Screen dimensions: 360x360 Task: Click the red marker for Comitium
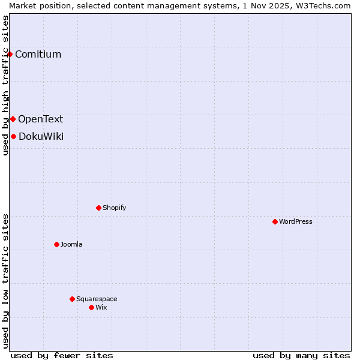10,55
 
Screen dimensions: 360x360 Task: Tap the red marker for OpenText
13,119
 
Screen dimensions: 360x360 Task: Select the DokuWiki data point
13,136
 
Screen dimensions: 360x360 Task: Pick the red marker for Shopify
98,208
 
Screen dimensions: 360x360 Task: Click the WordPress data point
275,221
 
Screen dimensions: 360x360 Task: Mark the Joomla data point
56,244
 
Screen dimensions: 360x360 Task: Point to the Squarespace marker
72,299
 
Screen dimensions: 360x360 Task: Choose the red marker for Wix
91,307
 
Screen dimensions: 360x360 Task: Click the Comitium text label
38,55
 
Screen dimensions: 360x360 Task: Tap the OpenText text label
40,119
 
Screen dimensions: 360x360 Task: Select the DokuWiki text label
41,136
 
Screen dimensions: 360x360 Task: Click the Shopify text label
114,208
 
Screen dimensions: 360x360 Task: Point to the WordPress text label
295,221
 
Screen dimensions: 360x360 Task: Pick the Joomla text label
71,244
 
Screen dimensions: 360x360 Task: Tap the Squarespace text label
97,299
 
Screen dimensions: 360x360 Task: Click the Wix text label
101,307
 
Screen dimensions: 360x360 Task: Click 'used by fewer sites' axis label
62,355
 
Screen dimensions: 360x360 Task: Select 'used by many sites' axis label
301,355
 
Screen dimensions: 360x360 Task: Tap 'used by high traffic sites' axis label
5,85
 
